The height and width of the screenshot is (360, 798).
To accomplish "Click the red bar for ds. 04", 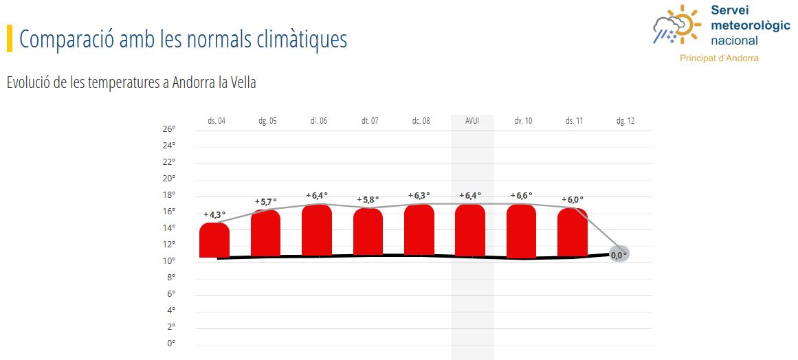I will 214,240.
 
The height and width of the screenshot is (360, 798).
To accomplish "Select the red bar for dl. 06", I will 317,231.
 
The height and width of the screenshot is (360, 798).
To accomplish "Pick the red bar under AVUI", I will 470,231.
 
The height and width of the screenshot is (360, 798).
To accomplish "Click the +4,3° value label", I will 214,214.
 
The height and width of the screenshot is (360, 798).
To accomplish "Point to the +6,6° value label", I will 521,195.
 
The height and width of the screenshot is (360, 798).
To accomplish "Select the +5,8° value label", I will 368,200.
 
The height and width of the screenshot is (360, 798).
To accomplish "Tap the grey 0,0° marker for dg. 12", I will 619,255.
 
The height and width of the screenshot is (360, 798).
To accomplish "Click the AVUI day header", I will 472,121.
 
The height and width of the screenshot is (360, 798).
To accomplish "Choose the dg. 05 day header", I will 267,121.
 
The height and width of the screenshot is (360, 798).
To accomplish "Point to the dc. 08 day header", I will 421,121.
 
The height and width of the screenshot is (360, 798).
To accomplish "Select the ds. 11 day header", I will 574,121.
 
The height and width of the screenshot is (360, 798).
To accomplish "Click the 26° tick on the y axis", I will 169,129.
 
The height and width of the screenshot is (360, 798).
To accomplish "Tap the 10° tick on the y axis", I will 169,260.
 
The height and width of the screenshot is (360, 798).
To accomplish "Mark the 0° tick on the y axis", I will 171,343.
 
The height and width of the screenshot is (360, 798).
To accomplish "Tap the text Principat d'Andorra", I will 719,58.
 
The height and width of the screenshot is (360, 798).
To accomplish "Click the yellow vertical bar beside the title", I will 10,38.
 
